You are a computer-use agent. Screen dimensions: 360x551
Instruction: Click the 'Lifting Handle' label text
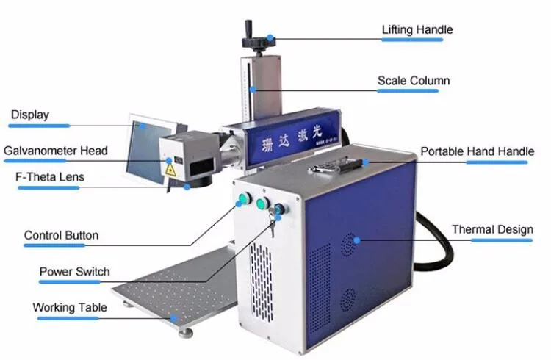(x=417, y=30)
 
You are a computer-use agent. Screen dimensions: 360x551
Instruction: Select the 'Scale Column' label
(x=414, y=80)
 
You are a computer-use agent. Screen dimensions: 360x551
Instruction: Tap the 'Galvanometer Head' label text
(x=56, y=151)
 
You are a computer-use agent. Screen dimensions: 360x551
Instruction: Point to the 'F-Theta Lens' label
(x=51, y=177)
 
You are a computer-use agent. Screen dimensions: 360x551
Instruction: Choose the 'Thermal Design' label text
(x=492, y=229)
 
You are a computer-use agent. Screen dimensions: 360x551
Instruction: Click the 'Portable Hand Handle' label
(x=477, y=151)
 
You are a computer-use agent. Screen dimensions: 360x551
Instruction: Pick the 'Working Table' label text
(x=70, y=307)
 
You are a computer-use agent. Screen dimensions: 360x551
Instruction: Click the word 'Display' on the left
(x=30, y=115)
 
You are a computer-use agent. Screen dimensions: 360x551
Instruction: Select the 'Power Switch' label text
(x=74, y=272)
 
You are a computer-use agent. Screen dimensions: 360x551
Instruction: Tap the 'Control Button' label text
(x=61, y=236)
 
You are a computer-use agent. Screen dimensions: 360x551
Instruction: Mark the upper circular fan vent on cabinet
(x=349, y=242)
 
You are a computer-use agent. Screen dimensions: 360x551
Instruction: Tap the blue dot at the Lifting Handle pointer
(x=270, y=37)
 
